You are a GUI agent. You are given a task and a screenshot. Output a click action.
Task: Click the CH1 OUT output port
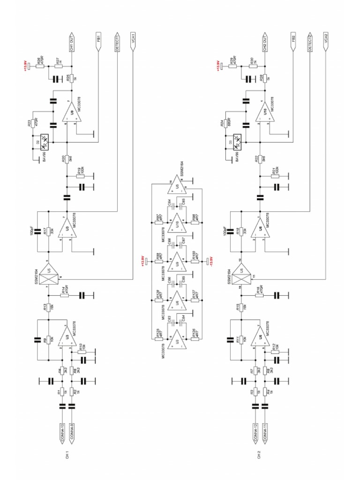pyautogui.click(x=71, y=42)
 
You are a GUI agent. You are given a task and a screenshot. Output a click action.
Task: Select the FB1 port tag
pyautogui.click(x=98, y=42)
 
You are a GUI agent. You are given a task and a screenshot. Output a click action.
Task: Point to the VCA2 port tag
pyautogui.click(x=326, y=43)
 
